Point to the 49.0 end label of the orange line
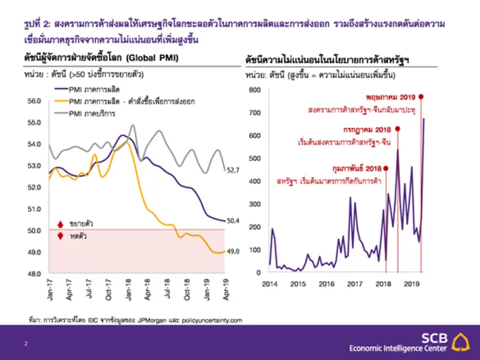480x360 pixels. coord(233,251)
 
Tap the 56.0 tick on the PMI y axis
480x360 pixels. coord(34,100)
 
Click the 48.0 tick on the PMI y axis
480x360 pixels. coord(34,273)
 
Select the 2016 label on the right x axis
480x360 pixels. coord(326,284)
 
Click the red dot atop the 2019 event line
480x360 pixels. coord(421,97)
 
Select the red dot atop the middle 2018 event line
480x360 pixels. coord(398,129)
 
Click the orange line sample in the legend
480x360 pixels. coord(58,101)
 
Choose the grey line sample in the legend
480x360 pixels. coord(58,112)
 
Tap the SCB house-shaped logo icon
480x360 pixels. coord(459,342)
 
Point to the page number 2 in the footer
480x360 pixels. coord(26,342)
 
